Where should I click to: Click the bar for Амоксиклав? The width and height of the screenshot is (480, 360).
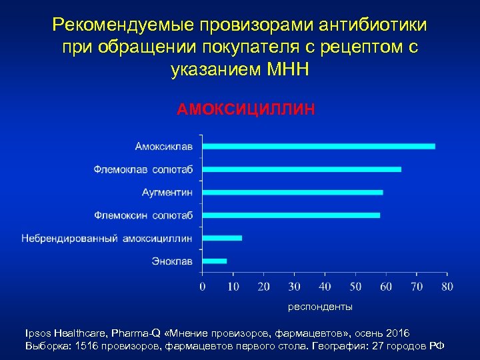pyautogui.click(x=319, y=146)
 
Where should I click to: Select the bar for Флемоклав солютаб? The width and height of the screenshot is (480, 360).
pyautogui.click(x=301, y=169)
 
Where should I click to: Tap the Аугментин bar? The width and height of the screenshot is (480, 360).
pyautogui.click(x=292, y=192)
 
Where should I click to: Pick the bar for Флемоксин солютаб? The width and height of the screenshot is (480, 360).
pyautogui.click(x=291, y=215)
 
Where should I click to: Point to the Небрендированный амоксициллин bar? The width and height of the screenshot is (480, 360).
pyautogui.click(x=222, y=238)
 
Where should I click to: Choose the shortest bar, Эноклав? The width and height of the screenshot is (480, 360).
pyautogui.click(x=214, y=261)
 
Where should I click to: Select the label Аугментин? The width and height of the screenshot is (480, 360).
pyautogui.click(x=167, y=192)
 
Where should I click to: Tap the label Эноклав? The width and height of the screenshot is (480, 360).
pyautogui.click(x=172, y=261)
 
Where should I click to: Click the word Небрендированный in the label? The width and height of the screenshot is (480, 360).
pyautogui.click(x=70, y=238)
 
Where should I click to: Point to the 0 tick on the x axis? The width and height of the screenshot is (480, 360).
pyautogui.click(x=202, y=287)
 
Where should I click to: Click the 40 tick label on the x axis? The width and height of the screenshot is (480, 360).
pyautogui.click(x=325, y=287)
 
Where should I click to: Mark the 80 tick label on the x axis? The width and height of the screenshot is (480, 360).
pyautogui.click(x=447, y=287)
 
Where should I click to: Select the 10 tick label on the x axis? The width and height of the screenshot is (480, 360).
pyautogui.click(x=233, y=287)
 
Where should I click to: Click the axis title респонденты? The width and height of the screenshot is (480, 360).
pyautogui.click(x=320, y=307)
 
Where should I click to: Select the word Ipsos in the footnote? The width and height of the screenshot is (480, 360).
pyautogui.click(x=37, y=333)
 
